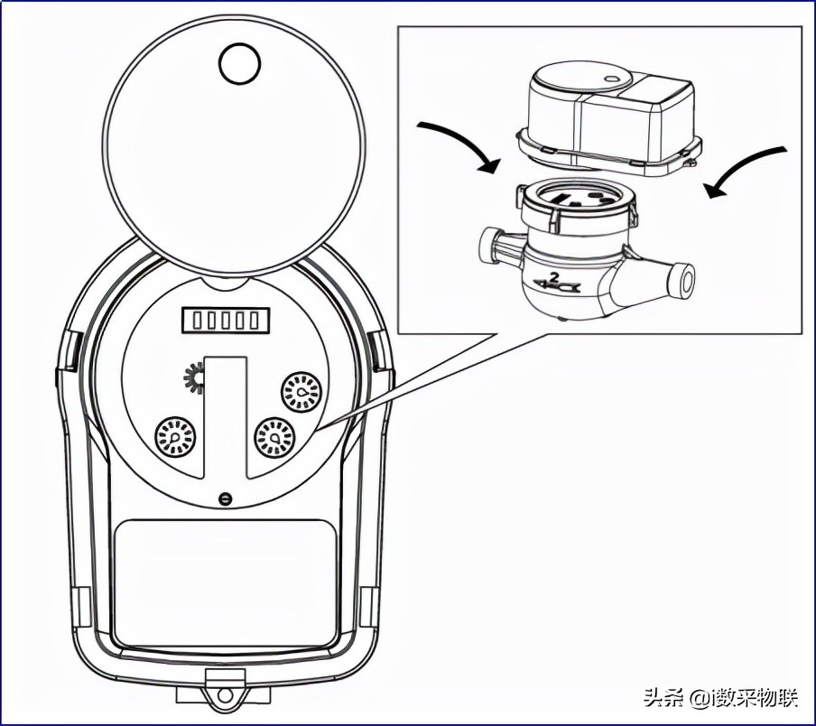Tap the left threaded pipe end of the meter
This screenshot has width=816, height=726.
tap(491, 245)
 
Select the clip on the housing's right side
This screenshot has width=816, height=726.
tap(376, 348)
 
